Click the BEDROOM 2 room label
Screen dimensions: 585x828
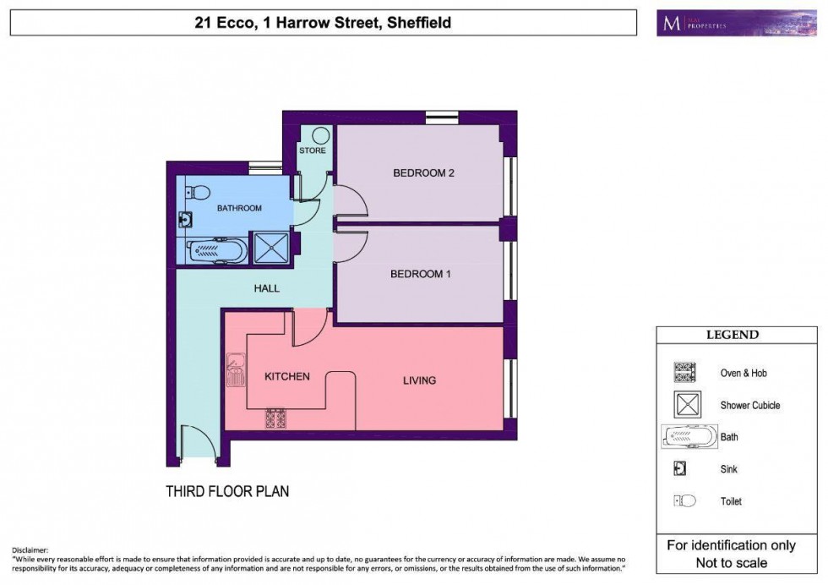(x=424, y=173)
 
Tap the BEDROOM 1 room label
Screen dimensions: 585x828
(x=421, y=274)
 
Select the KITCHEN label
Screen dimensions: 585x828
(x=287, y=376)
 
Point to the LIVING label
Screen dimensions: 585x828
(x=419, y=380)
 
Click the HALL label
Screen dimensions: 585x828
(x=267, y=288)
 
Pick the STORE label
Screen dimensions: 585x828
(x=312, y=151)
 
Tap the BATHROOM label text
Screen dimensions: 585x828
(x=239, y=208)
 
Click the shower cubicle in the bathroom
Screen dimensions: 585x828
(x=271, y=249)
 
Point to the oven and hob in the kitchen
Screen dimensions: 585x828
(x=276, y=418)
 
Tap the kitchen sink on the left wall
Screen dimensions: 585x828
(x=234, y=369)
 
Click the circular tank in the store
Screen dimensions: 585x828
(x=320, y=136)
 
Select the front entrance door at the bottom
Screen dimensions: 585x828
(x=199, y=443)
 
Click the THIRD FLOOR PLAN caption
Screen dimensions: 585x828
(x=227, y=490)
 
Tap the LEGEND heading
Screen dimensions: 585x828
(x=732, y=335)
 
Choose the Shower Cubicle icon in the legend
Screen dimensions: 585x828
(x=687, y=405)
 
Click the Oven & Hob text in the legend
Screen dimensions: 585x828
(x=744, y=373)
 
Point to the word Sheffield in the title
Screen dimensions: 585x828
(x=418, y=23)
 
